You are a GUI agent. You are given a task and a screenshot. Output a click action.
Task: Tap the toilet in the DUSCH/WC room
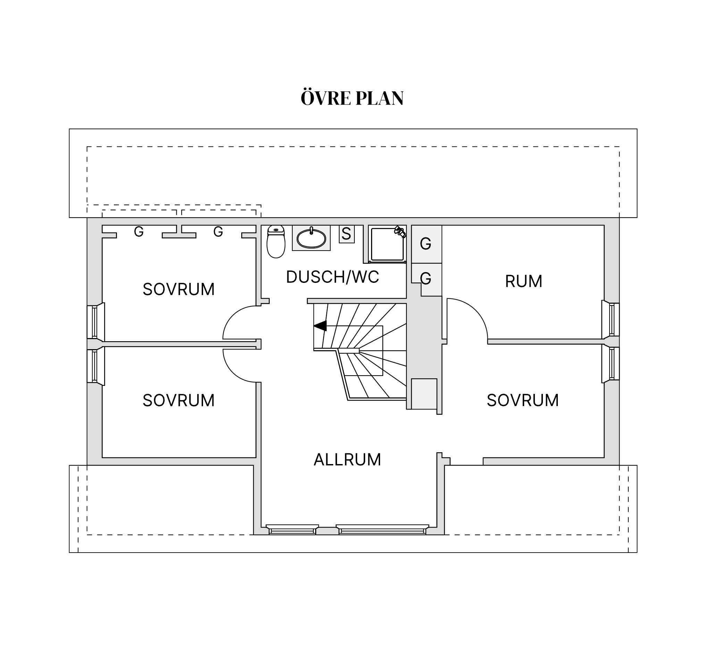276,242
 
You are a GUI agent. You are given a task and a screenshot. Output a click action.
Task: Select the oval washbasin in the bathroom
311,238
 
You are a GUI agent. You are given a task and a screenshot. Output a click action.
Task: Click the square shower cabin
387,244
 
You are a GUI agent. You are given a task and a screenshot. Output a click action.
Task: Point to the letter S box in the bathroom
346,234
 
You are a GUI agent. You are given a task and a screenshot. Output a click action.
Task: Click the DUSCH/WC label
333,277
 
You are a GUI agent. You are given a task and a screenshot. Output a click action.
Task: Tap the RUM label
523,281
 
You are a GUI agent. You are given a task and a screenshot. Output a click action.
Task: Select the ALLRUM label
347,460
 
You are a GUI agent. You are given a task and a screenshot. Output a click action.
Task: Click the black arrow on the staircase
320,326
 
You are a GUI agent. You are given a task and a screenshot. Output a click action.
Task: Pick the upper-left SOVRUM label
178,289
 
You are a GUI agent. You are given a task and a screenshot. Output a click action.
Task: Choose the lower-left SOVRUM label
178,400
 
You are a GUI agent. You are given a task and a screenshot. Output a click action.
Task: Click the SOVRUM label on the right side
522,400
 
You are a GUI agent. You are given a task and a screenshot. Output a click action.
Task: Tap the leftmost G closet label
139,232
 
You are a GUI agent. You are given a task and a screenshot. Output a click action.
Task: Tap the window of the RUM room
611,319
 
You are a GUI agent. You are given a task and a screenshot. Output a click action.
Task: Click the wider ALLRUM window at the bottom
383,529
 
